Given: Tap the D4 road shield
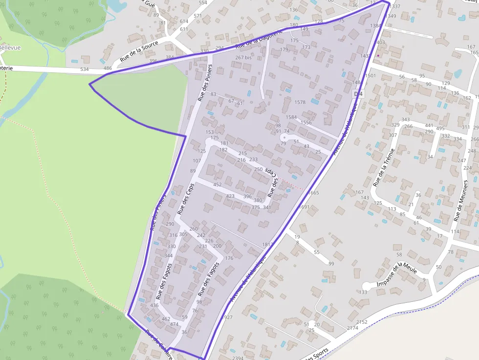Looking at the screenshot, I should pyautogui.click(x=359, y=93).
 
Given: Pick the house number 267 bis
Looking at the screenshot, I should pyautogui.click(x=243, y=58).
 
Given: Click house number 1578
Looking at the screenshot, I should pyautogui.click(x=300, y=102).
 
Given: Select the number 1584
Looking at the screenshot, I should pyautogui.click(x=291, y=117).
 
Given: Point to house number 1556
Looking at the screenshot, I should pyautogui.click(x=306, y=123).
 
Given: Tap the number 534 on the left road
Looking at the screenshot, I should pyautogui.click(x=85, y=69).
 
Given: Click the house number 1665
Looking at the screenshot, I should pyautogui.click(x=313, y=193).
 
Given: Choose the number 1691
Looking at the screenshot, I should pyautogui.click(x=304, y=207).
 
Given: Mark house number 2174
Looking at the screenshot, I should pyautogui.click(x=352, y=328).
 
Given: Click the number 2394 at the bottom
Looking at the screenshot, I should pyautogui.click(x=238, y=358).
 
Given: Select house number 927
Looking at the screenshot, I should pyautogui.click(x=228, y=318).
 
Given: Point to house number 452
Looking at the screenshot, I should pyautogui.click(x=218, y=185).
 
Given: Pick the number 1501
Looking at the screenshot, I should pyautogui.click(x=370, y=76).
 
